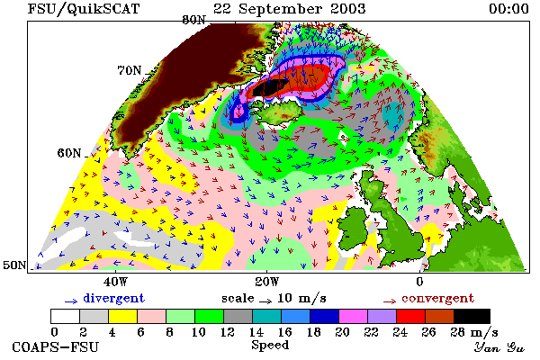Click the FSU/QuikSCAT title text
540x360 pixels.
84,9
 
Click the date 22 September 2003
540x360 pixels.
289,9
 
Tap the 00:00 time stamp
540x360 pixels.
508,9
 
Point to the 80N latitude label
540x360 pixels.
193,20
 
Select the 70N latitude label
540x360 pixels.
130,70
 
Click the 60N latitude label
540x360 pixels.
69,153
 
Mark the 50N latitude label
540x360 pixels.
14,265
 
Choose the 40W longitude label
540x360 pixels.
115,282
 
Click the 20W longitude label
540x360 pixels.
267,282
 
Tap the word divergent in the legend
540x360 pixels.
113,298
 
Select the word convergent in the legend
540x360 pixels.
437,298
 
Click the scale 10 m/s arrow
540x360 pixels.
265,301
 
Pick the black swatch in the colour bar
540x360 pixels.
472,316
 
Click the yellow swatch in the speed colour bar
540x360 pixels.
122,316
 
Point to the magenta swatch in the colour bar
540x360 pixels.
353,316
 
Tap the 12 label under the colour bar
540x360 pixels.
228,332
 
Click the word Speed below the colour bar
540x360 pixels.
270,345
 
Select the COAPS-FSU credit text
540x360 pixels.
56,346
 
